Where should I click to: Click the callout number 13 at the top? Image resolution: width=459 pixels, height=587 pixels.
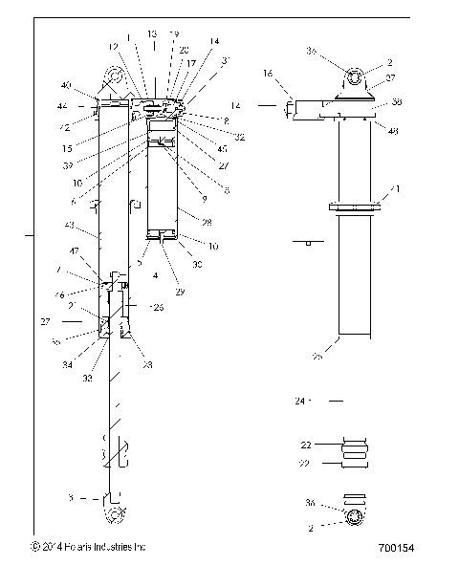(x=152, y=33)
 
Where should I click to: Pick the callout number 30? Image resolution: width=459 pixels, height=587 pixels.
(x=198, y=264)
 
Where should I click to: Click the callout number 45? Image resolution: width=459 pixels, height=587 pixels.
(x=222, y=148)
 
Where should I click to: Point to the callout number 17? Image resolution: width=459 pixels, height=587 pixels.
(x=191, y=62)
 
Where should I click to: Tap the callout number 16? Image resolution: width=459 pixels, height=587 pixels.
(x=269, y=73)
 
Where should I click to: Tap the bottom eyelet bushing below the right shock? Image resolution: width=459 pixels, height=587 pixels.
(x=354, y=517)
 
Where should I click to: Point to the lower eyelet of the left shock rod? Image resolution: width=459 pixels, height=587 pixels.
(x=116, y=517)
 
